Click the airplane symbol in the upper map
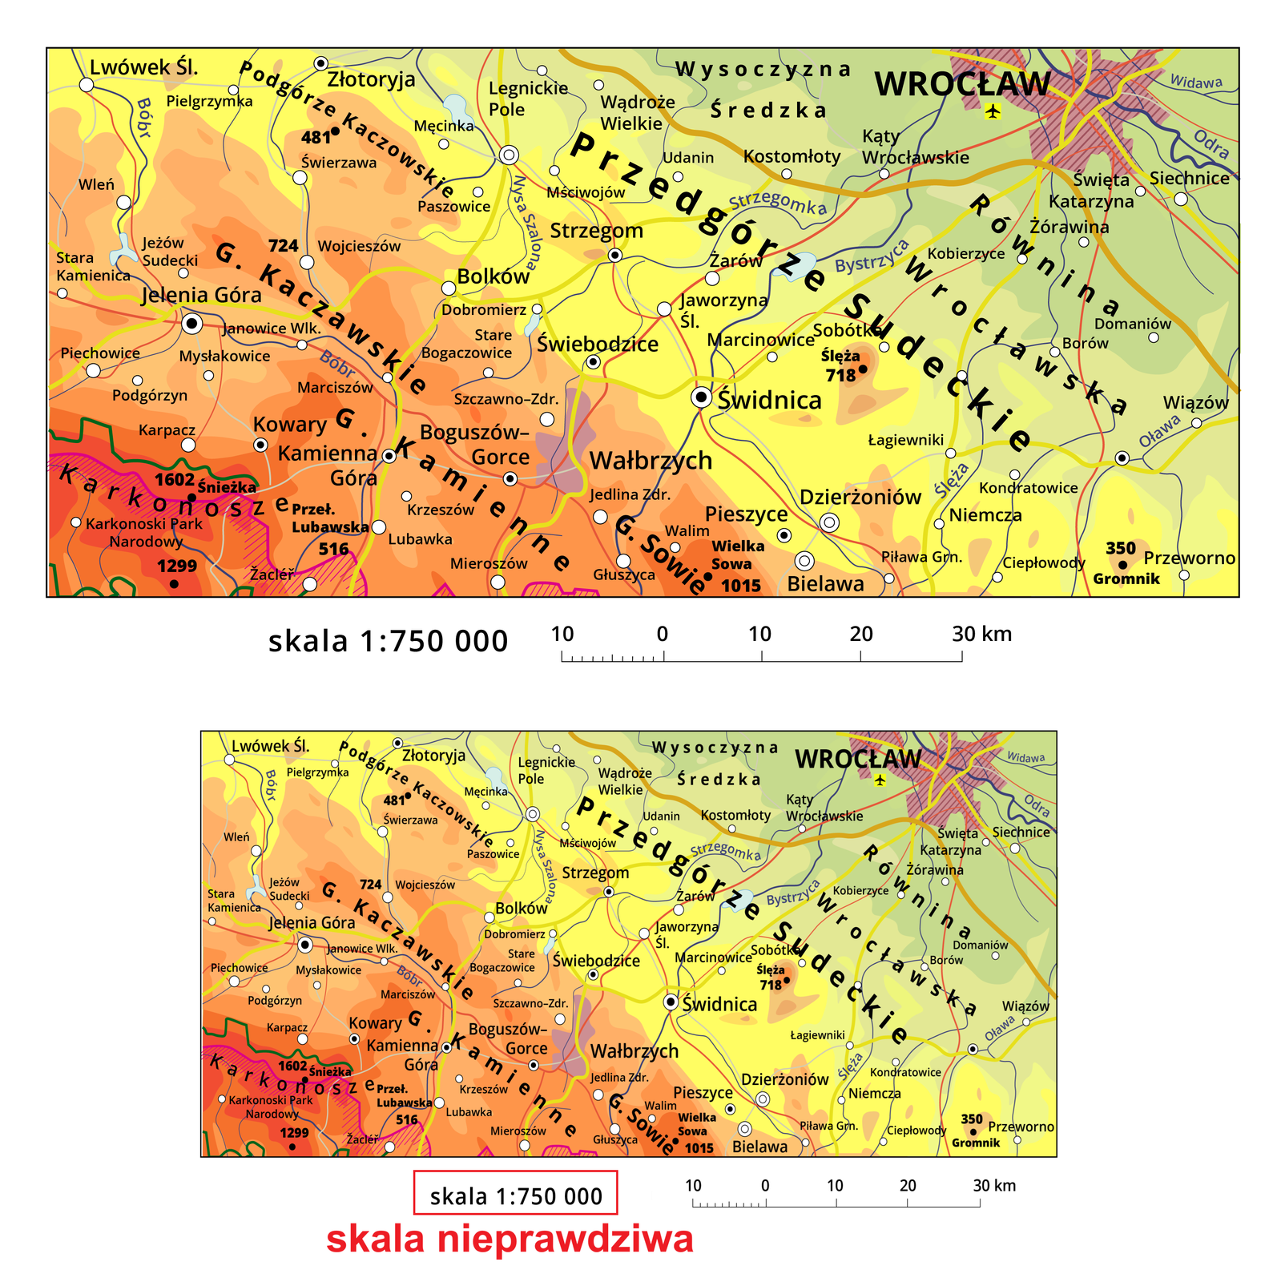[993, 111]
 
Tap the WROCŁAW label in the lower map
[858, 759]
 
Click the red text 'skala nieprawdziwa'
[510, 1239]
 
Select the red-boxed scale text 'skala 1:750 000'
[515, 1196]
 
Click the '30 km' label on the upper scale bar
[981, 635]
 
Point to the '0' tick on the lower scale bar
[765, 1186]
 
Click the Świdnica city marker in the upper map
[701, 397]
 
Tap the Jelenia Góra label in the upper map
[201, 295]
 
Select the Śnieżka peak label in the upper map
[227, 487]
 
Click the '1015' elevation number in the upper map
[741, 586]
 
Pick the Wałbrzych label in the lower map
[634, 1051]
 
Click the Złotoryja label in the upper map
[371, 79]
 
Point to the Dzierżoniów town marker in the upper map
[830, 523]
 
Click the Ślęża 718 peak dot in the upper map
[863, 369]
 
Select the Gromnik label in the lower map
[976, 1143]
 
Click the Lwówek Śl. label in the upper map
[143, 67]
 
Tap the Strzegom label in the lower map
[595, 873]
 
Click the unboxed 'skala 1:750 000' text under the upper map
[388, 641]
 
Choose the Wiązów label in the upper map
[1195, 402]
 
